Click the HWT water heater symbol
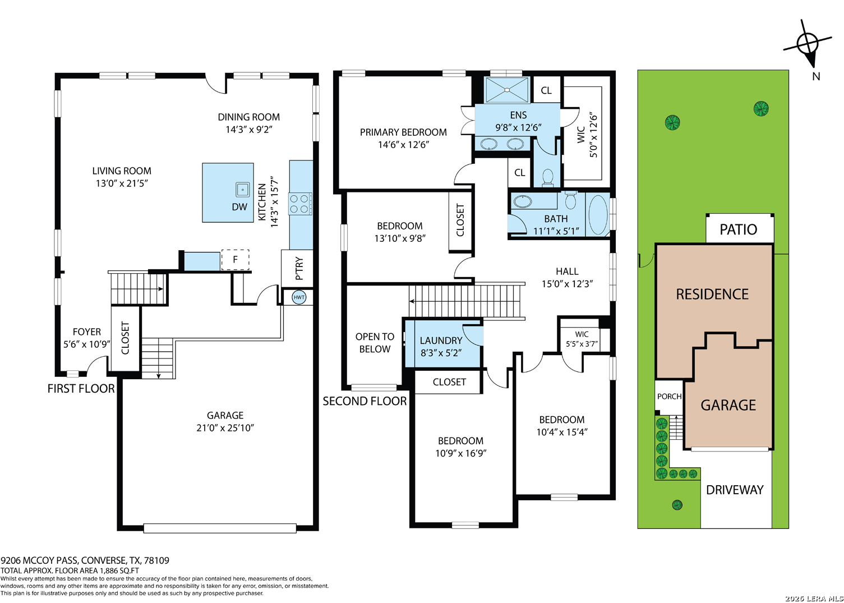[299, 297]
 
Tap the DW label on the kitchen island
[239, 206]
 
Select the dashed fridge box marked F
[235, 260]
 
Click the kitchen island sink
[243, 190]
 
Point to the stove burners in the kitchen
[300, 204]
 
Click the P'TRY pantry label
[299, 268]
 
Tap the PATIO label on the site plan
[738, 229]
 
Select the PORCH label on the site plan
[669, 396]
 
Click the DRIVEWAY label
[735, 490]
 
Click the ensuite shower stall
[507, 90]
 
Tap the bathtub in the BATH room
[598, 215]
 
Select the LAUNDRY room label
[441, 340]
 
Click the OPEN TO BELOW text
[375, 343]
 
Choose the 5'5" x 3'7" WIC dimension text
[582, 344]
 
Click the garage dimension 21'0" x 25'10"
[225, 428]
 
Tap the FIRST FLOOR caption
[81, 389]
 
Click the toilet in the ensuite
[547, 177]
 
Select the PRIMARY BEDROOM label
[403, 132]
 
